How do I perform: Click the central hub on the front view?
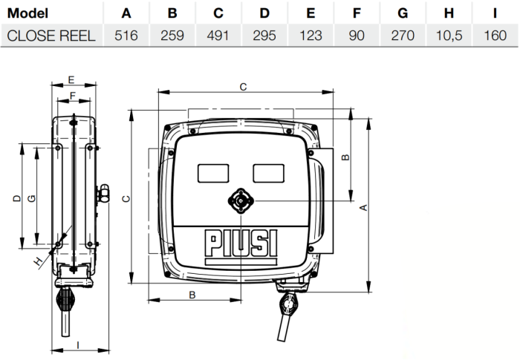241,201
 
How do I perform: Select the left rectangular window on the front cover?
214,172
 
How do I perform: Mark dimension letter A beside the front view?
363,209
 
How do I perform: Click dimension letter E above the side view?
71,79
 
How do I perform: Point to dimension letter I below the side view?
78,344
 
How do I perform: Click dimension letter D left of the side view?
16,199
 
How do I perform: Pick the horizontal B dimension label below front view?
192,295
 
